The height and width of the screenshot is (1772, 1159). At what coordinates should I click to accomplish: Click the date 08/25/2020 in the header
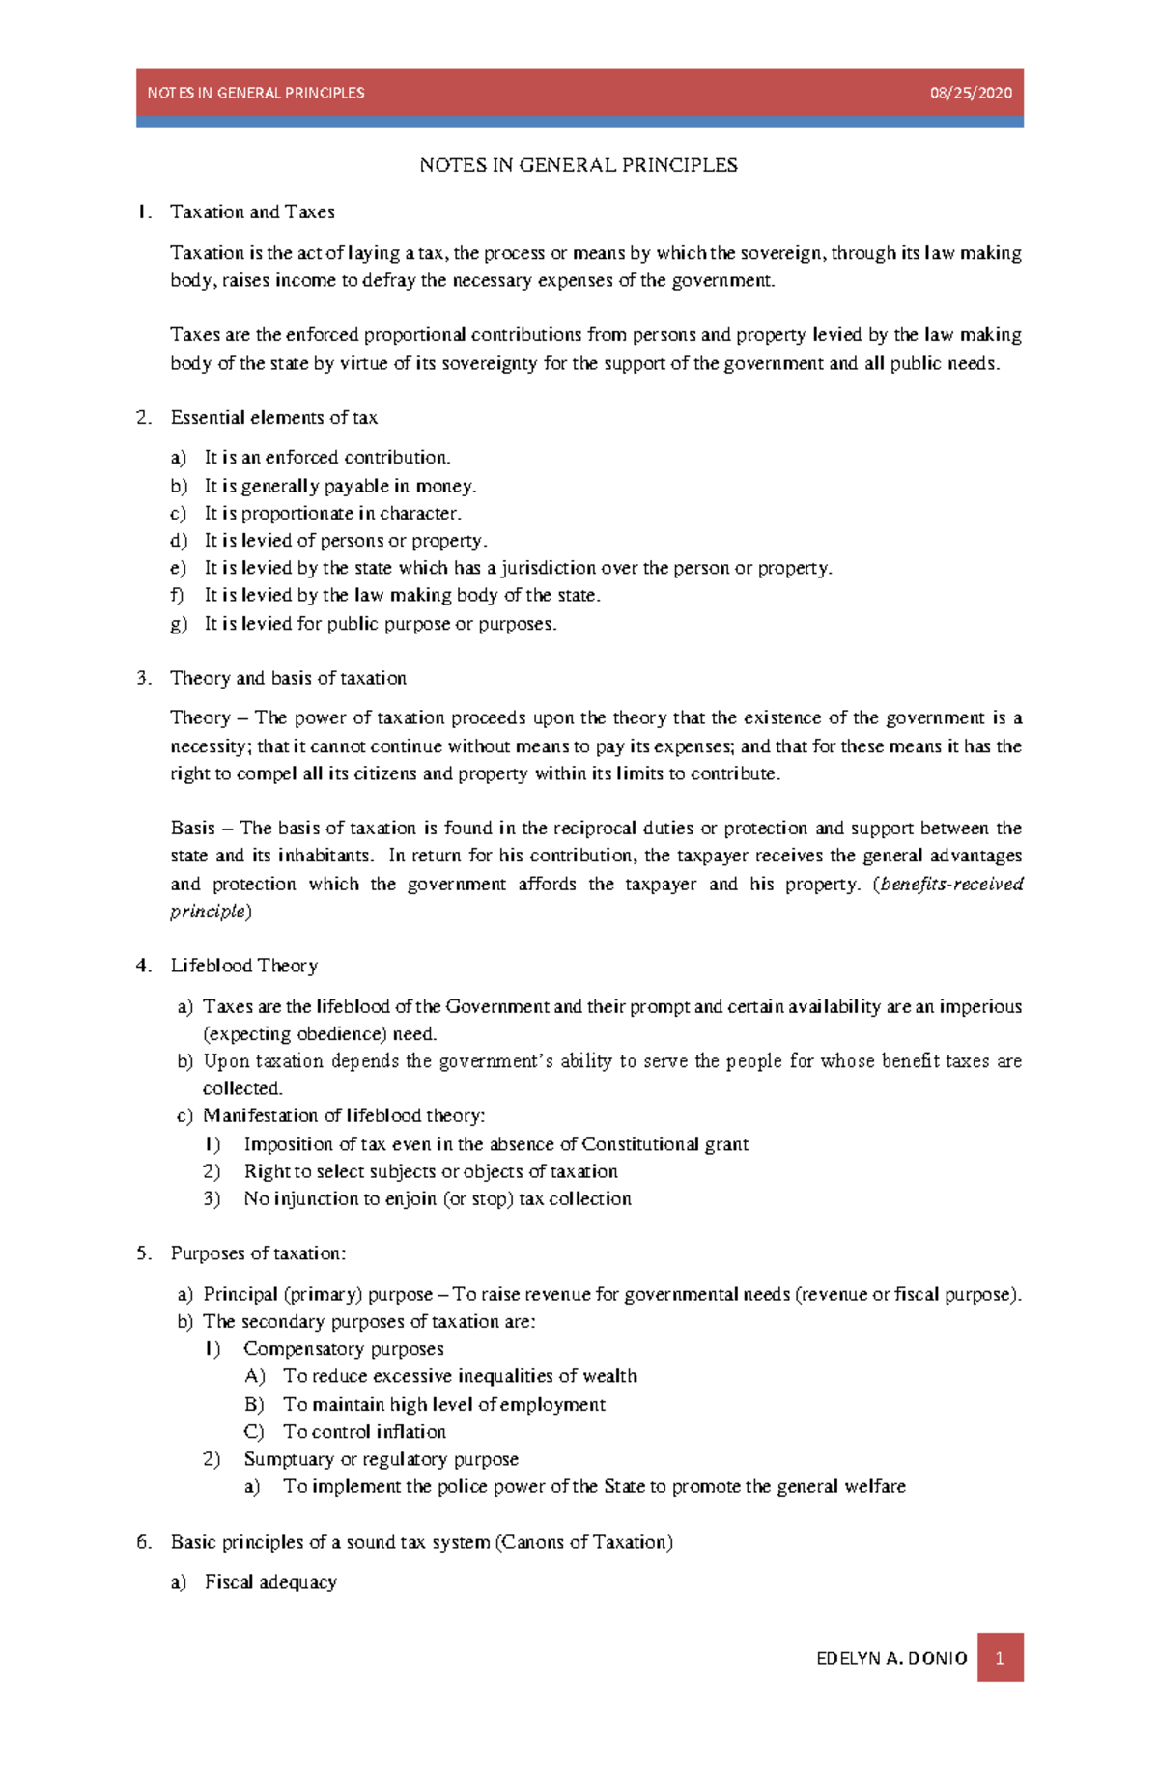tap(970, 93)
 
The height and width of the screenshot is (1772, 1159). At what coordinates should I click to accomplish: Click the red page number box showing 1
tap(1000, 1657)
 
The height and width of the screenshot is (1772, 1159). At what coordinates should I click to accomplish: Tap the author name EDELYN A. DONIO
tap(890, 1658)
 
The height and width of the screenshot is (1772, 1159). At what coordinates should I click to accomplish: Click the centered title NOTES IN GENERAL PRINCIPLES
tap(578, 165)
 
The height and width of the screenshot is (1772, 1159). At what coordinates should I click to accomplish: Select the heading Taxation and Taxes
tap(252, 211)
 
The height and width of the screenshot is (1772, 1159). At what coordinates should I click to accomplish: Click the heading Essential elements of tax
tap(273, 417)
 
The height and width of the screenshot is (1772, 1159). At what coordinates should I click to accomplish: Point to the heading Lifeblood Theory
tap(243, 965)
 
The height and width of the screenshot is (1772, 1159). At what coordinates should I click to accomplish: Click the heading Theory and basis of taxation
tap(288, 678)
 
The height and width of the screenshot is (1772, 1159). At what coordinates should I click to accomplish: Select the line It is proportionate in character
tap(332, 513)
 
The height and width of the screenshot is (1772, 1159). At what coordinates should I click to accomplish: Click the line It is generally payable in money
tap(340, 486)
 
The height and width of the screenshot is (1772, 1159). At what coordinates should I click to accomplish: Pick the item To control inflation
tap(364, 1431)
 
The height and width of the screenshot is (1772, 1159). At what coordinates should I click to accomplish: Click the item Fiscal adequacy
tap(270, 1582)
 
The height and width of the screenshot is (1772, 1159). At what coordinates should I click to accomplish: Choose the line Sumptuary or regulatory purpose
tap(381, 1458)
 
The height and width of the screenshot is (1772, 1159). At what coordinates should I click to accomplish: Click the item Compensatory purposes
tap(343, 1348)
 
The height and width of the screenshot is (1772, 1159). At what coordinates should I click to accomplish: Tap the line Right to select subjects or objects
tap(430, 1171)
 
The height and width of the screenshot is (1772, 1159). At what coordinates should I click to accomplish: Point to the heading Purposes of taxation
tap(257, 1252)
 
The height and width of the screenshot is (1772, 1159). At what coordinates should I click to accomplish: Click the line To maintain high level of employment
tap(443, 1404)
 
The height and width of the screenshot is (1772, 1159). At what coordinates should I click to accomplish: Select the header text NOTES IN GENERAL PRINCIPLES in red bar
tap(255, 93)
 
